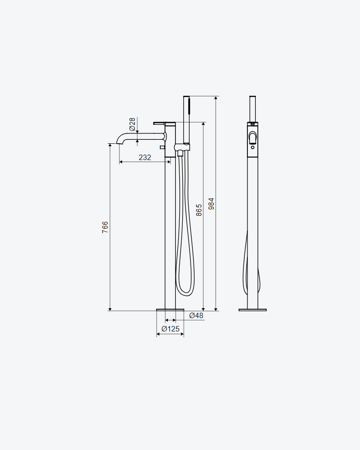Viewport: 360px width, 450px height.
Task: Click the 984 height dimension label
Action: pos(211,204)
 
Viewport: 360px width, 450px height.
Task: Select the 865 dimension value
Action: pos(199,210)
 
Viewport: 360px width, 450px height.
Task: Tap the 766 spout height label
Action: pos(105,227)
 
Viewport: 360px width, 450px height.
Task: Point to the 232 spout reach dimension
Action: pos(145,157)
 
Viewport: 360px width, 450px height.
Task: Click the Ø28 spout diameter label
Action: pos(132,124)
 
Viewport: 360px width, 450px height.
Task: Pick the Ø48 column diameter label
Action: pos(197,316)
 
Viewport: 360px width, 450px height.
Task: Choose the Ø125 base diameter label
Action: pos(170,328)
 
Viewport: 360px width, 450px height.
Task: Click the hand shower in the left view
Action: pos(187,120)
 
